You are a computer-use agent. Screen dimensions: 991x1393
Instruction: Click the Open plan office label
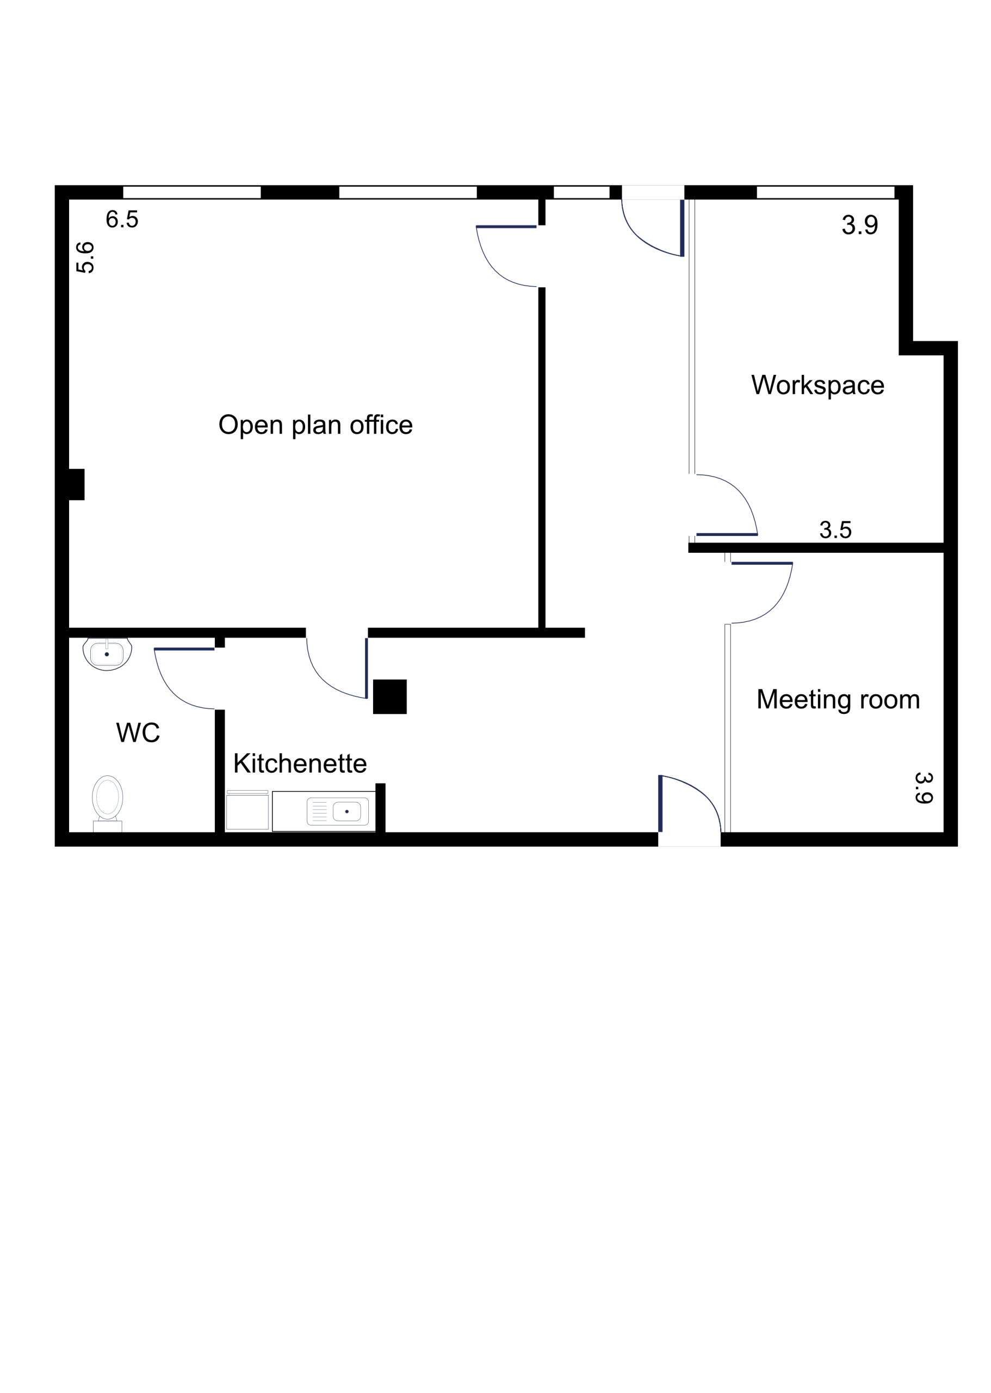coord(315,425)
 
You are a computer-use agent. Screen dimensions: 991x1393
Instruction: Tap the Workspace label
coord(817,385)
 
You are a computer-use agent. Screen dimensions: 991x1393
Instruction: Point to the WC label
coord(138,732)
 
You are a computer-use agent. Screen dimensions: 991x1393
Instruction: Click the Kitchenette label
coord(300,763)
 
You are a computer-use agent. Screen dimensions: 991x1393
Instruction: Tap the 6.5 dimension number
coord(122,219)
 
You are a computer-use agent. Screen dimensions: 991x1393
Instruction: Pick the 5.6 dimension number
coord(85,257)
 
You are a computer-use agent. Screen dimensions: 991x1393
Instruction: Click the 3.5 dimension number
coord(835,530)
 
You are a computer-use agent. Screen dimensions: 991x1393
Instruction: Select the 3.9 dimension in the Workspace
coord(860,225)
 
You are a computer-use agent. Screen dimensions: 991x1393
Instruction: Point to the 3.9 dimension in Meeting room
coord(924,788)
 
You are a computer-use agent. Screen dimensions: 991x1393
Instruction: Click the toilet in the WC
coord(107,803)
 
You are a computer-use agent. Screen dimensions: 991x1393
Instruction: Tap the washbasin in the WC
coord(107,654)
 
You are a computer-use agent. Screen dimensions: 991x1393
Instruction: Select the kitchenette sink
coord(337,812)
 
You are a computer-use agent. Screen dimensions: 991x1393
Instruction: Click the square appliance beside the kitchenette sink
coord(247,811)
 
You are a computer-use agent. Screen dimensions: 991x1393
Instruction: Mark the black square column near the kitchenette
coord(390,696)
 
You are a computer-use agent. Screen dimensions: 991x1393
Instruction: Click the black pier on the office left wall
coord(76,484)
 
